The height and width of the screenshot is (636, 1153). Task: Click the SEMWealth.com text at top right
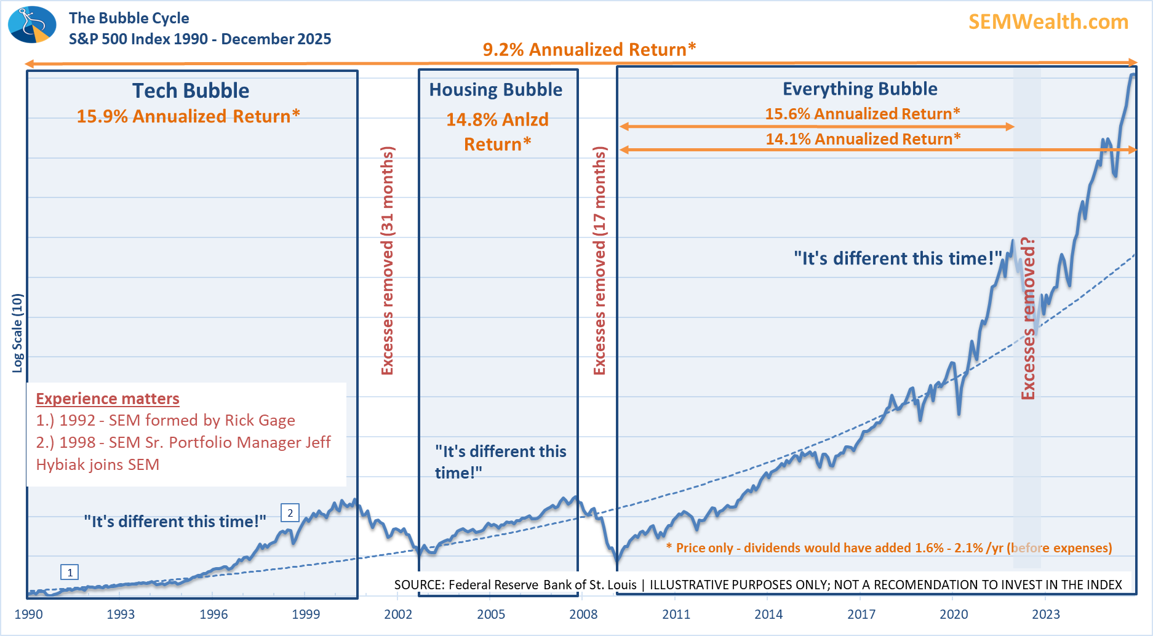(1048, 22)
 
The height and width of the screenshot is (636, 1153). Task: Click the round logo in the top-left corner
(32, 25)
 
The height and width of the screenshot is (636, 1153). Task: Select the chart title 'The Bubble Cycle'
(129, 18)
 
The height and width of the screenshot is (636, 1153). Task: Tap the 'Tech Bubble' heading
(191, 91)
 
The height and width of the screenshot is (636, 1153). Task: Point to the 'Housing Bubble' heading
(495, 90)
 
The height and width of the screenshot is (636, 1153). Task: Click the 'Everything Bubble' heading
(860, 89)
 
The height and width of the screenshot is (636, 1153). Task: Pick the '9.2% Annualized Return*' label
(589, 49)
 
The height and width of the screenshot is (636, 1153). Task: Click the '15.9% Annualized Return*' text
(188, 116)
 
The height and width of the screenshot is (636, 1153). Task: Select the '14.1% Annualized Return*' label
(863, 139)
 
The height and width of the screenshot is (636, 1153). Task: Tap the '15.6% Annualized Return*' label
(862, 114)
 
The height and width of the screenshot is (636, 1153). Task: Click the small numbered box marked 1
(70, 573)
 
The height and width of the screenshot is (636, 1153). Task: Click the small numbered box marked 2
(290, 512)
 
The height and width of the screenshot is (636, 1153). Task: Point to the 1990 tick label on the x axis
(28, 614)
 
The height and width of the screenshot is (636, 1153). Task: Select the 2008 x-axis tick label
(583, 614)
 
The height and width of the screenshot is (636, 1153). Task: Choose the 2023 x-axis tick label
(1046, 614)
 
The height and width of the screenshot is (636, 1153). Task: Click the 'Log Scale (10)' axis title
(17, 333)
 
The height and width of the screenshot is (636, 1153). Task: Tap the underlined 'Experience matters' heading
(108, 399)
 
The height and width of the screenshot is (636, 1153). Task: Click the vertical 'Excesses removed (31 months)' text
(387, 261)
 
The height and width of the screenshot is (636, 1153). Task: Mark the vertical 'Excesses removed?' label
(1028, 319)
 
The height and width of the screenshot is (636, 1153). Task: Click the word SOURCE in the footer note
(419, 585)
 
